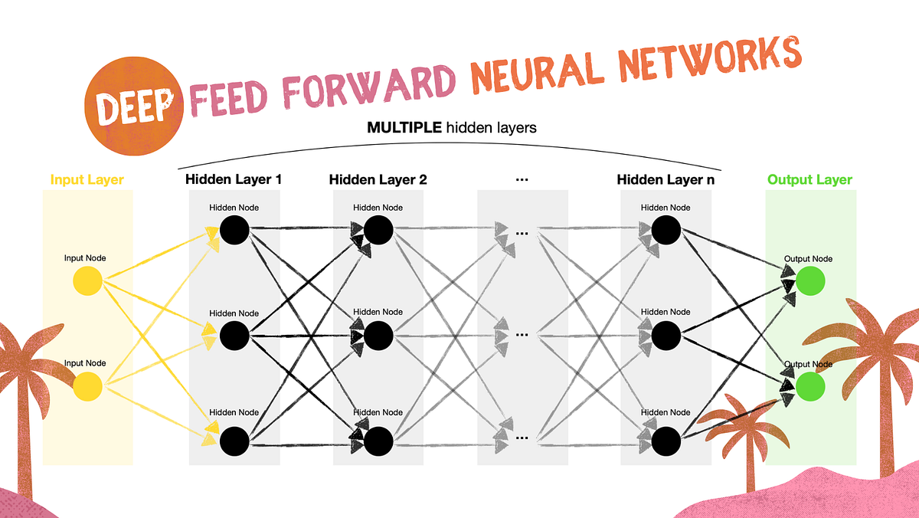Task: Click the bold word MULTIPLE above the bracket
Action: [404, 128]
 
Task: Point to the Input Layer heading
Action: [87, 180]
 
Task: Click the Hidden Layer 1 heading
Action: [234, 180]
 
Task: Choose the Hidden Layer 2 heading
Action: [378, 180]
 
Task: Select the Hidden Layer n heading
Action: [665, 180]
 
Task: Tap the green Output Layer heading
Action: [810, 180]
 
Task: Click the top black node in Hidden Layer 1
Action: [234, 228]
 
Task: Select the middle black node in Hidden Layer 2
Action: [378, 334]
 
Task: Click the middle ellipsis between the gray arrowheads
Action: [523, 334]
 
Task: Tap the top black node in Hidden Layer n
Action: [666, 228]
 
